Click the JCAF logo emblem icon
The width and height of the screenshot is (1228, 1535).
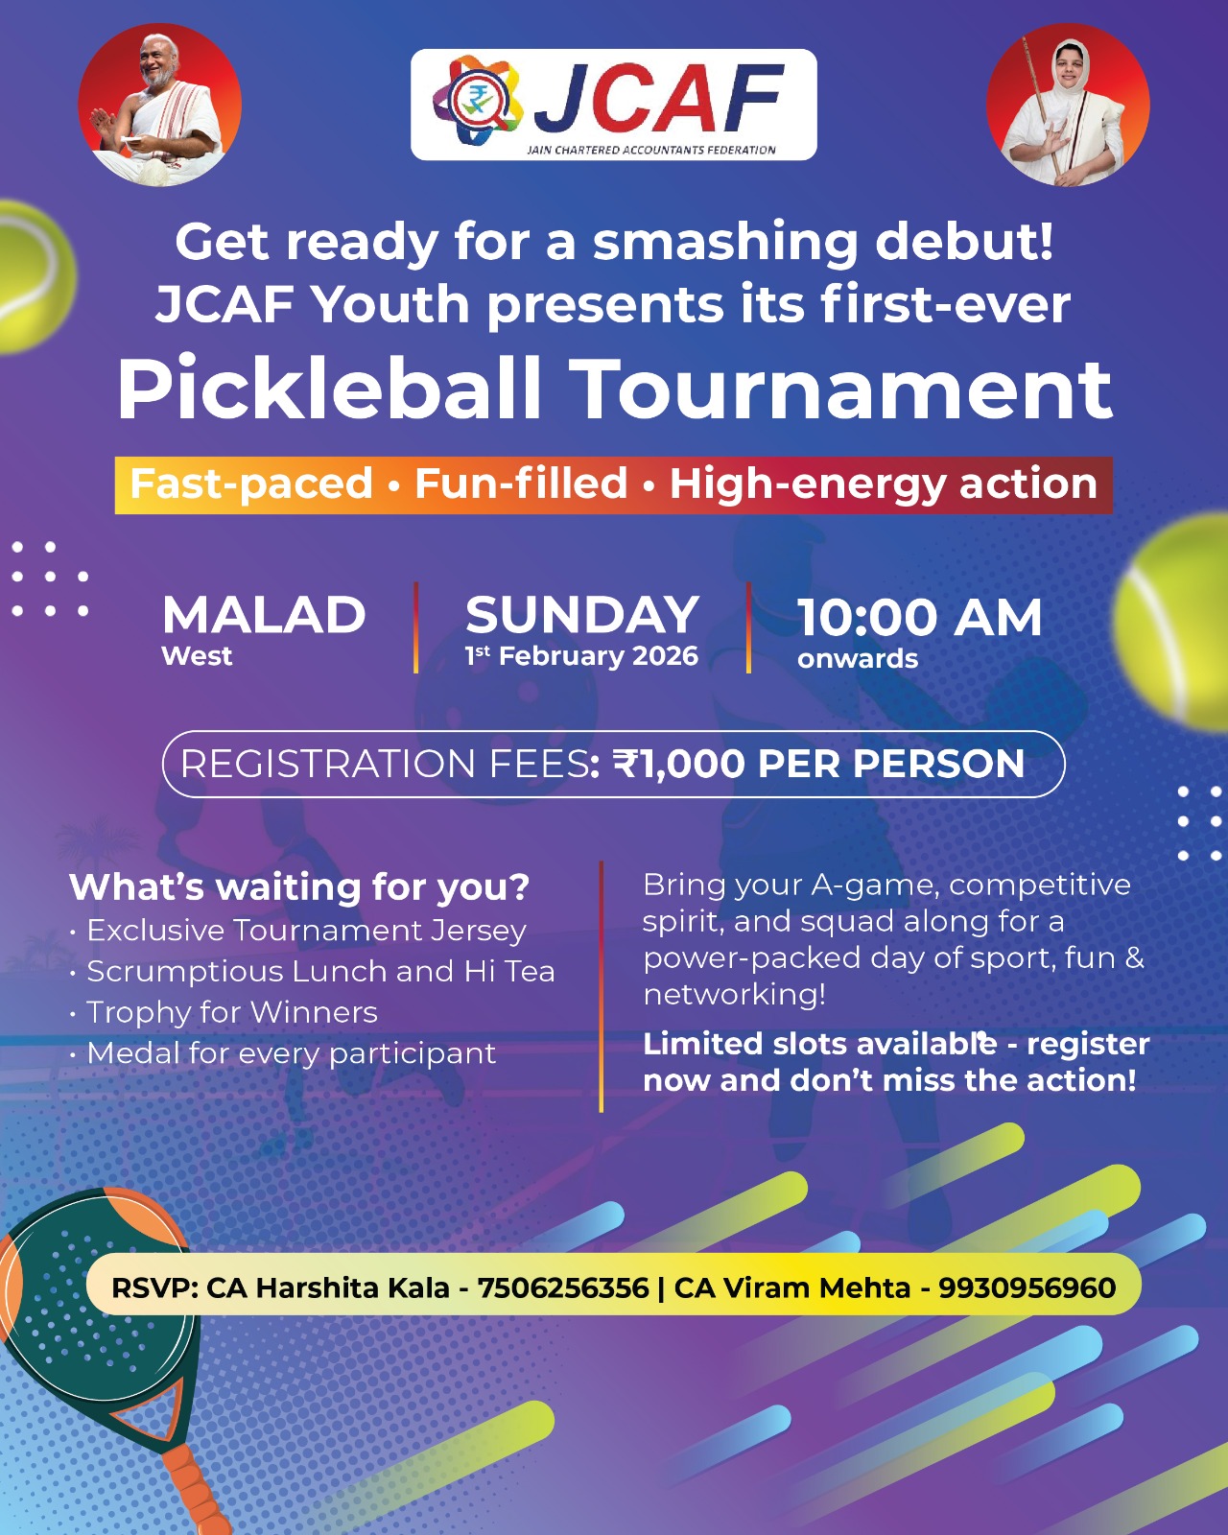(477, 101)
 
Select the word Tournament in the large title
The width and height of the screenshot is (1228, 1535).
(844, 389)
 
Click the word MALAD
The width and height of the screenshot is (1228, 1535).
(264, 615)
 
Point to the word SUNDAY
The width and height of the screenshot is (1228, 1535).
(581, 615)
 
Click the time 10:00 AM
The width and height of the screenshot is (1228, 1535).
(919, 617)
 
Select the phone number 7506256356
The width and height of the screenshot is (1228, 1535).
(563, 1287)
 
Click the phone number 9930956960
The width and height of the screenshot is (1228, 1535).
(1027, 1287)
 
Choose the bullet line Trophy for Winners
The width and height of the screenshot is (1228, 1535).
(232, 1012)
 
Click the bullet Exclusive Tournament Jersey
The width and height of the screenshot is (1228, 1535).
(306, 931)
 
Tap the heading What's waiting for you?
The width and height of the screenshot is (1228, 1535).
(299, 887)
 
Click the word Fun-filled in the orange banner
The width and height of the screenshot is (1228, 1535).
(521, 484)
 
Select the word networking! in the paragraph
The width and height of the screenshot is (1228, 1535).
(734, 995)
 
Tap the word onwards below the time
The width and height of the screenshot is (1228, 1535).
(857, 659)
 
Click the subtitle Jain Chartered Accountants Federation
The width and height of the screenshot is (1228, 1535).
(651, 150)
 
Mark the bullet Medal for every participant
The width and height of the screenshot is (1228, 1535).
(292, 1053)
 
